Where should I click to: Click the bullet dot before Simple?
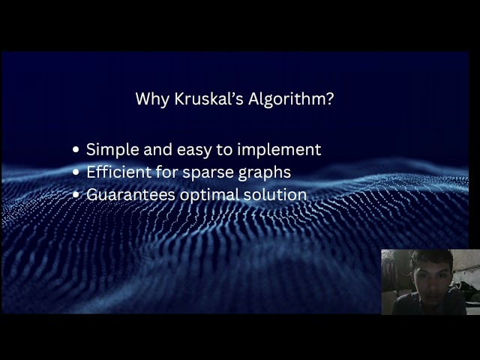pos(76,150)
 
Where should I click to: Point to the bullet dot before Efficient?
pos(76,172)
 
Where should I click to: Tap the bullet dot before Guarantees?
pos(76,195)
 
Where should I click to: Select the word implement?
pos(283,150)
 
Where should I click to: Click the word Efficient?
pos(118,172)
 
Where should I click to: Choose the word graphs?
pos(267,172)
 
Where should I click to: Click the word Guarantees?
pos(130,195)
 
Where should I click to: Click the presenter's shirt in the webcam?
pos(424,306)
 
